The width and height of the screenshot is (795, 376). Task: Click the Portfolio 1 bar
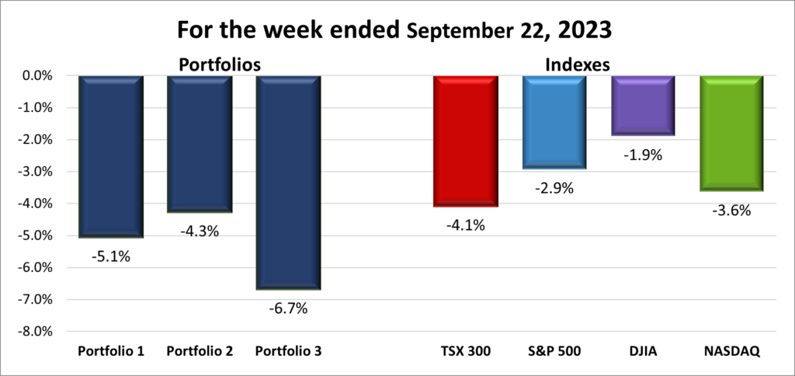(x=111, y=155)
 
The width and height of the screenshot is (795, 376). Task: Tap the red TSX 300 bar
(x=465, y=141)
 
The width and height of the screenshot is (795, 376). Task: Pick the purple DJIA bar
(x=642, y=106)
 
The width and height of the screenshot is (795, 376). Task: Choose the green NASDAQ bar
(x=731, y=133)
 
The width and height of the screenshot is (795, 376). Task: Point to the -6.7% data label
(x=289, y=308)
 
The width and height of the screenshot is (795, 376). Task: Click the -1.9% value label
(x=643, y=155)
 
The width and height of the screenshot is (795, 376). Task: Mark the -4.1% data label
(x=465, y=226)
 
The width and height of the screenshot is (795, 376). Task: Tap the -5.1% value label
(x=111, y=256)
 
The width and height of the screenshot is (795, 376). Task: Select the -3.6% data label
(x=731, y=210)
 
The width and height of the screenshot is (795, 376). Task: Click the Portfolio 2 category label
(x=200, y=351)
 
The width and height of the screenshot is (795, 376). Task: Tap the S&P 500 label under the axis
(x=554, y=351)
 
